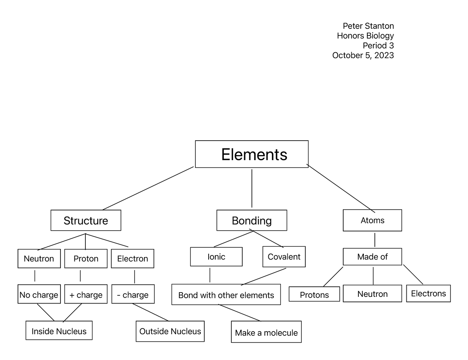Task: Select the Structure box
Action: [x=86, y=221]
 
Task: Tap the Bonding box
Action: [x=252, y=221]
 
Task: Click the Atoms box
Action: [x=372, y=221]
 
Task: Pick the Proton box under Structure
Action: [x=86, y=259]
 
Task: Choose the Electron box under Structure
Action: [x=133, y=259]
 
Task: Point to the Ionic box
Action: [x=216, y=257]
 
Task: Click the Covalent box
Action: [x=284, y=257]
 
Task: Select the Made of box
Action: [x=372, y=257]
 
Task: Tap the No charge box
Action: [x=39, y=295]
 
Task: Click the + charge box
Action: [x=86, y=295]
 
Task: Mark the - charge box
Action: [x=133, y=295]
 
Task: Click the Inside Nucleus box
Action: [x=59, y=331]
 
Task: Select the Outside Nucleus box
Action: [x=170, y=331]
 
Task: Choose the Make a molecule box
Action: [x=266, y=332]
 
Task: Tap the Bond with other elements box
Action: [x=226, y=295]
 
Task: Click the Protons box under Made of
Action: [x=314, y=295]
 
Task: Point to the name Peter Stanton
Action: [x=368, y=26]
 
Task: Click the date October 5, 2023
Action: [x=363, y=55]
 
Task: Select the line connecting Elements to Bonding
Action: [x=252, y=188]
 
